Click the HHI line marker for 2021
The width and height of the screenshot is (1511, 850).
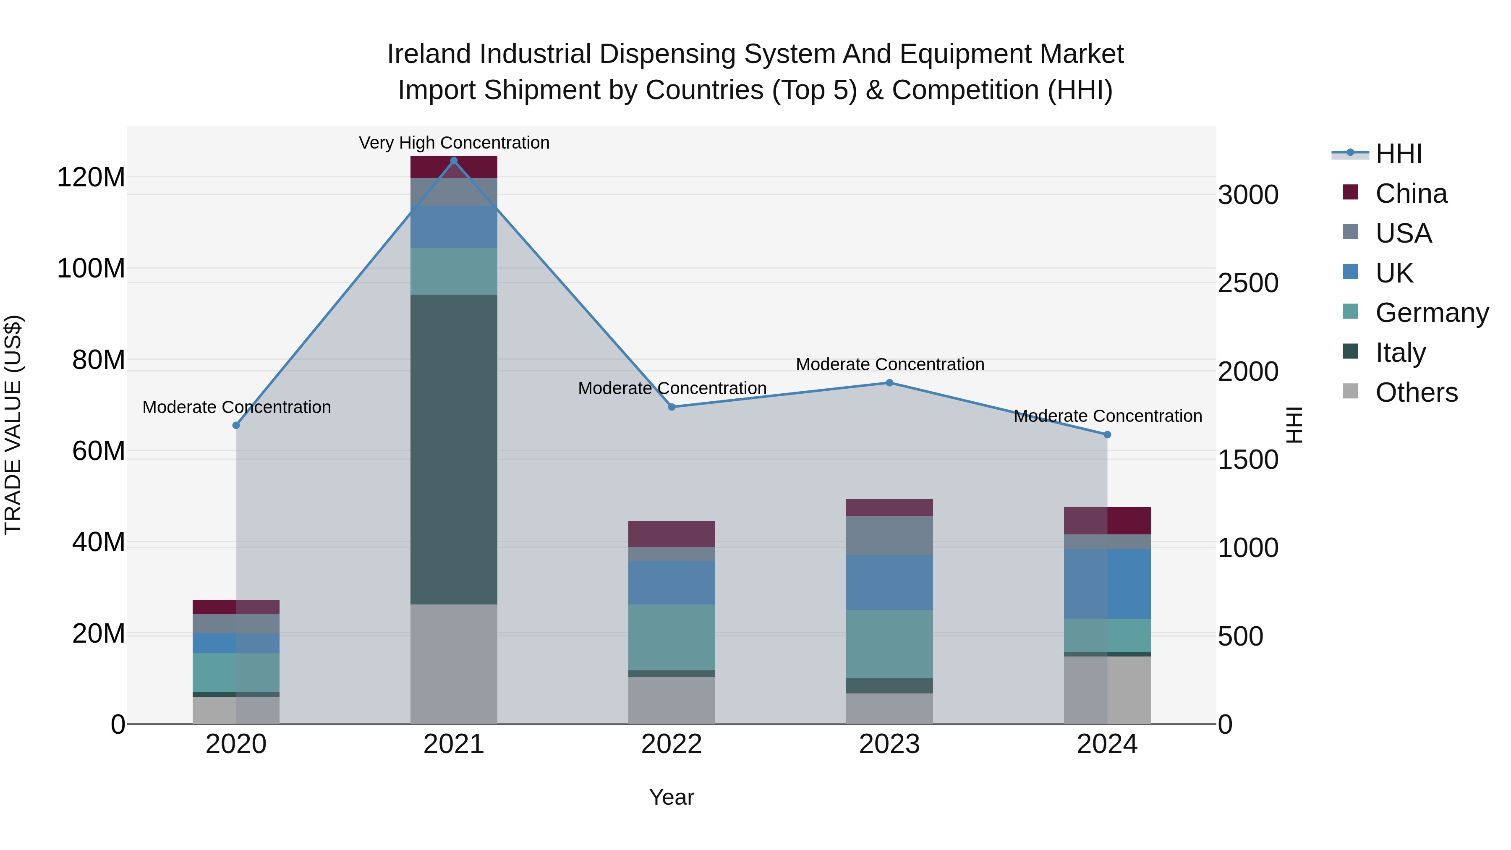[x=453, y=161]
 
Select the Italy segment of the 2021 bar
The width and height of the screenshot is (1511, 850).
[x=453, y=449]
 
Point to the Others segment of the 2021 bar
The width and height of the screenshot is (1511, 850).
[x=453, y=664]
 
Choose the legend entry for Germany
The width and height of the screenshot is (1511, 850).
[x=1432, y=313]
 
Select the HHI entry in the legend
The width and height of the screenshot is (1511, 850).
[x=1399, y=154]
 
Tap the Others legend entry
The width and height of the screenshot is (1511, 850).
[x=1416, y=392]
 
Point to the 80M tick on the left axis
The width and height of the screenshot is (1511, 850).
[x=99, y=360]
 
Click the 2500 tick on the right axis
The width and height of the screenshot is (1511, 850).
[x=1248, y=283]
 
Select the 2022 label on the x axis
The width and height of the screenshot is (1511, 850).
[x=672, y=744]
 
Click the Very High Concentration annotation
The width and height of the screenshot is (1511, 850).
[x=454, y=143]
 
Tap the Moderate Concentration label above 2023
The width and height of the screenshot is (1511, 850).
[x=890, y=364]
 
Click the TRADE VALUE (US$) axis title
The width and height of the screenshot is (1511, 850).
[x=13, y=425]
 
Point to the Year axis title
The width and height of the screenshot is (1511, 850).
[x=672, y=797]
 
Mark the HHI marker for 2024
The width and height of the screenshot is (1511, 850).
[x=1107, y=435]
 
